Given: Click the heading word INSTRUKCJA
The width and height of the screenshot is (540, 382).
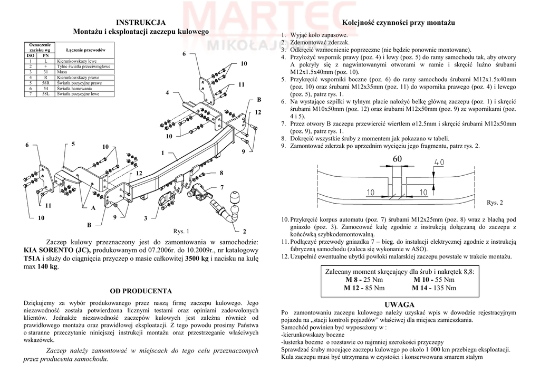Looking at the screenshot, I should [x=141, y=22].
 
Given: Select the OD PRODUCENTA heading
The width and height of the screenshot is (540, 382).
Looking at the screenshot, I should [x=141, y=291].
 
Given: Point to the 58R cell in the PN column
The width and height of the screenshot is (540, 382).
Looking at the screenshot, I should [x=45, y=83].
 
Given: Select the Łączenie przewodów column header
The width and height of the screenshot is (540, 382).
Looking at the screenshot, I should [x=86, y=49].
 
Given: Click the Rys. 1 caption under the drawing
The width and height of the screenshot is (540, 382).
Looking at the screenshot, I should [x=181, y=231].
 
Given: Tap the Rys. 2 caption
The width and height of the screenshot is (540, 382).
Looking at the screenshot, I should [x=495, y=203].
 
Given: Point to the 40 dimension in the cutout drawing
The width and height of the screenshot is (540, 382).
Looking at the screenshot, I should [x=439, y=162].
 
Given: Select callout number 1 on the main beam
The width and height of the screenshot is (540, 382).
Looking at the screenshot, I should [x=163, y=153].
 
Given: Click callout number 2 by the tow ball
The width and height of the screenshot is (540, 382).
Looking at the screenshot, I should [x=244, y=231].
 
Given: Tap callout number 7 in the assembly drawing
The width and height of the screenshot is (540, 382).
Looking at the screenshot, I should [x=222, y=187].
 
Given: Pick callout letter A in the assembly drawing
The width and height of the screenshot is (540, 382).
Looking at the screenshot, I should [x=93, y=208].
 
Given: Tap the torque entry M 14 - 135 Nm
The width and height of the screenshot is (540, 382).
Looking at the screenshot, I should [x=434, y=288].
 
